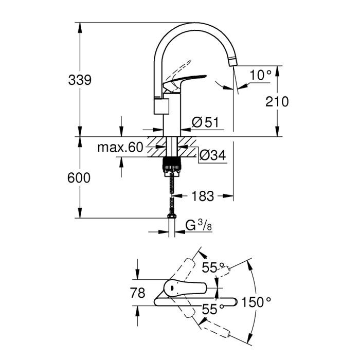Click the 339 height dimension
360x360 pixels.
click(x=80, y=80)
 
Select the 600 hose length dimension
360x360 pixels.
click(x=80, y=178)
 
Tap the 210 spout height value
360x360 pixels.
click(x=278, y=101)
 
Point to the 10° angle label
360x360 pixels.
click(x=260, y=75)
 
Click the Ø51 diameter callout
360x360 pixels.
click(x=206, y=122)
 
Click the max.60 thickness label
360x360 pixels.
click(x=119, y=149)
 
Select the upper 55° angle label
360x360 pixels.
click(x=213, y=267)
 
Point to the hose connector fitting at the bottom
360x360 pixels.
click(x=170, y=210)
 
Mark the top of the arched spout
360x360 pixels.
click(x=193, y=25)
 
